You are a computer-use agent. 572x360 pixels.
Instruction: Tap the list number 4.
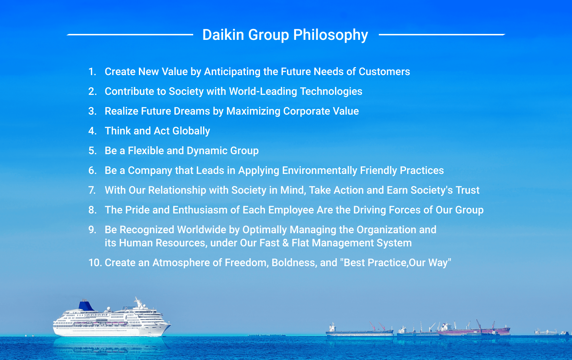click(x=92, y=131)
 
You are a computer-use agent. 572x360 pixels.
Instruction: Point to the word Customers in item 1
click(x=384, y=71)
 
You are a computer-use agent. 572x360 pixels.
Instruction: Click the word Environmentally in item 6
click(x=320, y=171)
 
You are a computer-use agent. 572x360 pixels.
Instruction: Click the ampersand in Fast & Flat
click(x=286, y=243)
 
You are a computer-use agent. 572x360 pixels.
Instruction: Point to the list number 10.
click(x=95, y=263)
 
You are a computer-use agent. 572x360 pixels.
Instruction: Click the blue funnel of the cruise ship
click(x=86, y=305)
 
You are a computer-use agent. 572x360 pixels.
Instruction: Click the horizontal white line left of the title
click(x=130, y=34)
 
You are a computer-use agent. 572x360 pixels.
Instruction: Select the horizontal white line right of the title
click(x=442, y=34)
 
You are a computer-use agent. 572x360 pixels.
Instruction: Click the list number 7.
click(x=92, y=190)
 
